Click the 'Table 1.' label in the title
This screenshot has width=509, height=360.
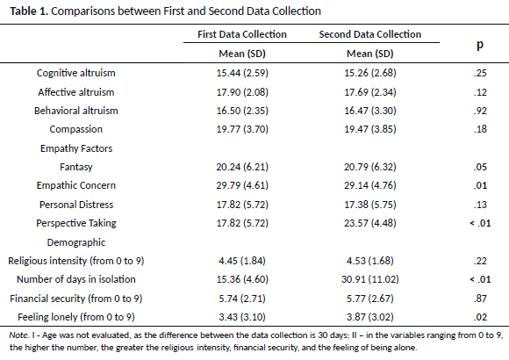[29, 11]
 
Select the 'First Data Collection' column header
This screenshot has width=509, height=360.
[242, 34]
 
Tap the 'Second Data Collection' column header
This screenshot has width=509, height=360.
[370, 34]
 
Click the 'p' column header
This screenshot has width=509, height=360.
[480, 45]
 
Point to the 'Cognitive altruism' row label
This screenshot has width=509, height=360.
[76, 73]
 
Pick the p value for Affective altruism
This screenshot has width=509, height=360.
[480, 92]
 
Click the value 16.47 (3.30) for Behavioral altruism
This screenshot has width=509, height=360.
[370, 111]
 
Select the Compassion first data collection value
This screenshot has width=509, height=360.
[242, 129]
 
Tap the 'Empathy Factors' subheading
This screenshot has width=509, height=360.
[76, 148]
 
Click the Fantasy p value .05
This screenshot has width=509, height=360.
[480, 167]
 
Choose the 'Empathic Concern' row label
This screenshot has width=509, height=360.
[76, 185]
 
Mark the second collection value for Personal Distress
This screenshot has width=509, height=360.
[370, 205]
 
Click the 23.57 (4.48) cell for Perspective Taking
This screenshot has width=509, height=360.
[370, 223]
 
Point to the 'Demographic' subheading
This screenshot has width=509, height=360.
[76, 242]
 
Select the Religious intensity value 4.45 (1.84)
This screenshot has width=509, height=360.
[242, 261]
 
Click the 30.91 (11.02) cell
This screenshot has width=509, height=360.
[370, 279]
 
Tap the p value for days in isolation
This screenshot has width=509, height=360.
[480, 279]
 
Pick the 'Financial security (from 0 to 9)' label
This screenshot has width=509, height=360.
[76, 299]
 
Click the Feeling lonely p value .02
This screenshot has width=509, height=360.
[480, 317]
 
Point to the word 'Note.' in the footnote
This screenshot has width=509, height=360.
[19, 335]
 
